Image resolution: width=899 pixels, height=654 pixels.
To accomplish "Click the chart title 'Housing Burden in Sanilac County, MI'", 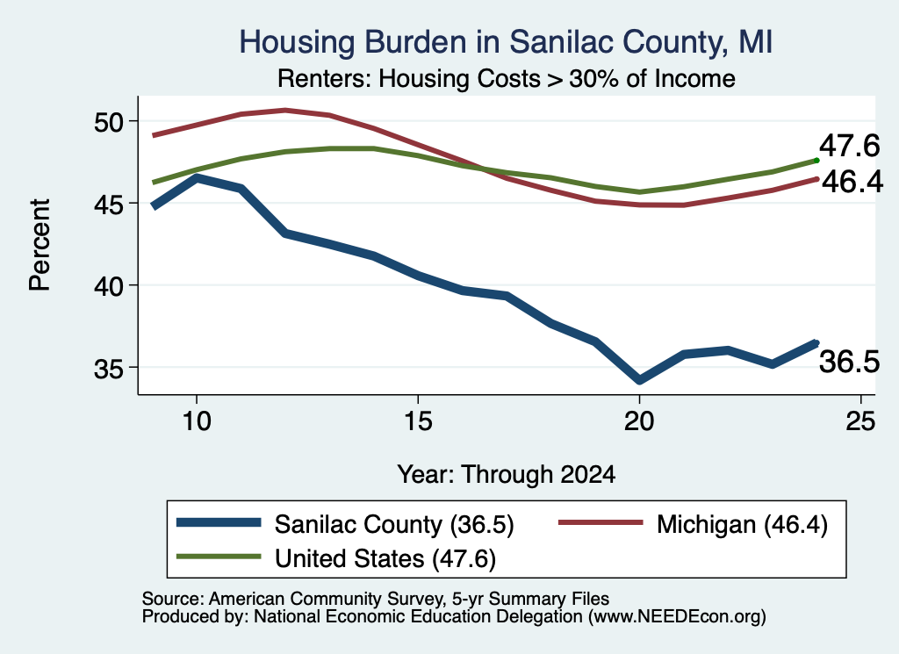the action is (506, 42).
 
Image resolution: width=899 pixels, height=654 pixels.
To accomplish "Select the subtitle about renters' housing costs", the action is (507, 78).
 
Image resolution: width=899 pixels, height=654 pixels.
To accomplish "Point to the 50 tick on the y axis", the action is (109, 121).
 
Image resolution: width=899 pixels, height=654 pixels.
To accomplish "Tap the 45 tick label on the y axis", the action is (109, 204).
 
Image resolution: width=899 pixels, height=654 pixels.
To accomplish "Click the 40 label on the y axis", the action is (109, 285).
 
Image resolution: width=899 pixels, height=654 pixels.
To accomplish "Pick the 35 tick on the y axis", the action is (109, 368).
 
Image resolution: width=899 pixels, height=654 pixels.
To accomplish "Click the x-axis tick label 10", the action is (197, 421).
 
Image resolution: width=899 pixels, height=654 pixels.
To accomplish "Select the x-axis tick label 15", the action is (418, 421).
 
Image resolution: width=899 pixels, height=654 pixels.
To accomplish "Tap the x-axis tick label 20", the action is (639, 421).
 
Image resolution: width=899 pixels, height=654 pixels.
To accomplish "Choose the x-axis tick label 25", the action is (860, 421).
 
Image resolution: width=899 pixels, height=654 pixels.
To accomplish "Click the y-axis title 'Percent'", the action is (40, 245).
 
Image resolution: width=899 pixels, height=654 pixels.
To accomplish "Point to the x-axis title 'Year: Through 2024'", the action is (507, 475).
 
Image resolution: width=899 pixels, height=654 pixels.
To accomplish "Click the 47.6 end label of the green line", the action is (849, 146).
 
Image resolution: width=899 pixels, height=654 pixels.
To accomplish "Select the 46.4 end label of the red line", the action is (852, 182).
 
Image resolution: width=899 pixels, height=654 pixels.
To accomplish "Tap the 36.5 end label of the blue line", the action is (849, 363).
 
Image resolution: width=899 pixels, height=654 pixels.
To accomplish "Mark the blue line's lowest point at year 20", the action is (639, 379).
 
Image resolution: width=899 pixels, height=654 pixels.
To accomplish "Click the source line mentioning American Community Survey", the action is (376, 599).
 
